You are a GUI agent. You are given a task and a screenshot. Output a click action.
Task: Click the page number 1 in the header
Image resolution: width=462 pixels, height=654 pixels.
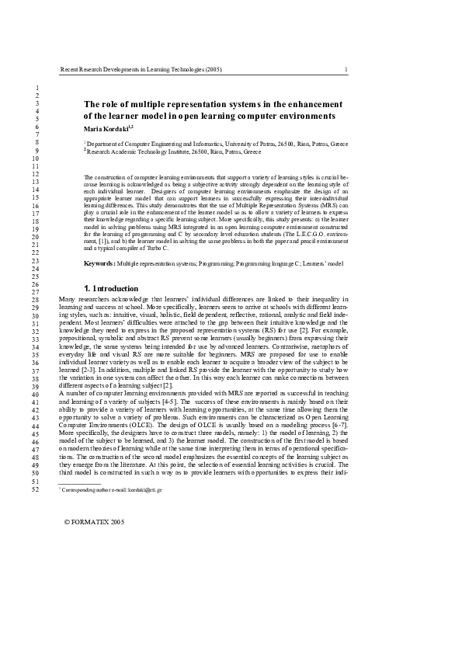(346, 69)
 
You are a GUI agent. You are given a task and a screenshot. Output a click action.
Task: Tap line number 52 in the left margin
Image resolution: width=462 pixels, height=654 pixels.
(35, 489)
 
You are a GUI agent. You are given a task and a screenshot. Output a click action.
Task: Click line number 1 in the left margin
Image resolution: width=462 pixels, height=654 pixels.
(36, 85)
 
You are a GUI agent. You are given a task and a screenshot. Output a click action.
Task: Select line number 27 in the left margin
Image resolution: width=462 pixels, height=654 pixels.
(35, 291)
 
